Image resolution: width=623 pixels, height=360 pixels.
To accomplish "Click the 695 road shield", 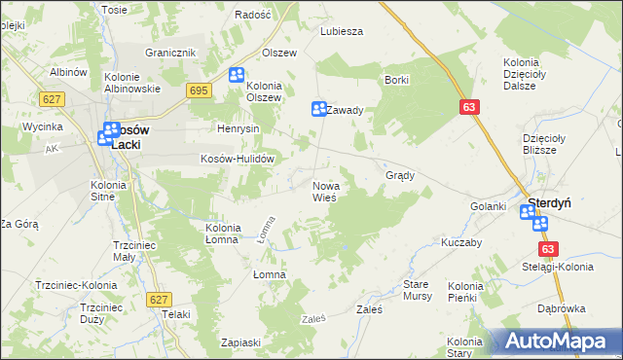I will coord(199,90).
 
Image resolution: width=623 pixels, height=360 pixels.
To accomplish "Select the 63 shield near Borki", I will coord(470,107).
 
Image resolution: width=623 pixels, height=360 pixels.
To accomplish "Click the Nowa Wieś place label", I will coord(324,191).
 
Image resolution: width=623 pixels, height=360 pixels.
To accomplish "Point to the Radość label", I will coord(253,16).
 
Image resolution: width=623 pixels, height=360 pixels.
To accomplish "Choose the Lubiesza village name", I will coord(342,30).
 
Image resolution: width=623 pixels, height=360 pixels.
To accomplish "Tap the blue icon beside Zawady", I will coord(317,109).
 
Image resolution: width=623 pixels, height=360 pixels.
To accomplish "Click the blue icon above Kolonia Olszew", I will coord(237,75).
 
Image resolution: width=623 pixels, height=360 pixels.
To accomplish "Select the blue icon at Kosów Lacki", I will coord(105,136).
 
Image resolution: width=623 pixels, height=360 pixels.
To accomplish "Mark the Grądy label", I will coord(401,176).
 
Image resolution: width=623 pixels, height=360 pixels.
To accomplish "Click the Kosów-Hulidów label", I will coord(235,159).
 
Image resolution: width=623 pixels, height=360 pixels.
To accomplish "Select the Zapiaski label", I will coord(240,342).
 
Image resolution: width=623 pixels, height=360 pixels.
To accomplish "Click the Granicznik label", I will coord(171,53).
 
